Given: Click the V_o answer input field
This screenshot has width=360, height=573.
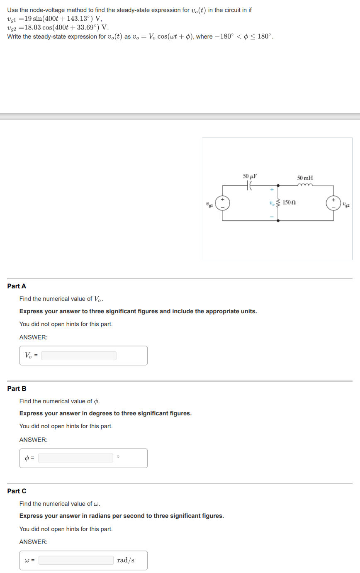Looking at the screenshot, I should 79,356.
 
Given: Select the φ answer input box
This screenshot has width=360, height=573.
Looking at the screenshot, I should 75,458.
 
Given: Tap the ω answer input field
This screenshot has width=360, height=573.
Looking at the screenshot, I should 76,560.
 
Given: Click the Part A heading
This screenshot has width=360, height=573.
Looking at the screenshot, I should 17,286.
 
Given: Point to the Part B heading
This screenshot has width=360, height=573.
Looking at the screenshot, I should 17,388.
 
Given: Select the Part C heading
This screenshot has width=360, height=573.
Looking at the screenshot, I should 17,491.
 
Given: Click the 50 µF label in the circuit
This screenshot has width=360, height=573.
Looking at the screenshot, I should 249,176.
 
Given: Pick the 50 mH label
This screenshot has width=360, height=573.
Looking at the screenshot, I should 305,178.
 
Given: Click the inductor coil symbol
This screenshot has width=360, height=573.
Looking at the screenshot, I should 305,185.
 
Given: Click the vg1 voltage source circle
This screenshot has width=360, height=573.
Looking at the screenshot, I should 222,203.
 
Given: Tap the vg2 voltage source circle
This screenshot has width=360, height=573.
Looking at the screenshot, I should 333,203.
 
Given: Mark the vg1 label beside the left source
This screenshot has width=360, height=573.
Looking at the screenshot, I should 210,204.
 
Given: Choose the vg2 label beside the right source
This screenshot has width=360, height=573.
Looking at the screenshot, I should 346,204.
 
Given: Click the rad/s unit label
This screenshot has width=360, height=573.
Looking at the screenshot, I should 126,560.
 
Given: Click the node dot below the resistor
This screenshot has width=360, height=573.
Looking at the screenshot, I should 278,220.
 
